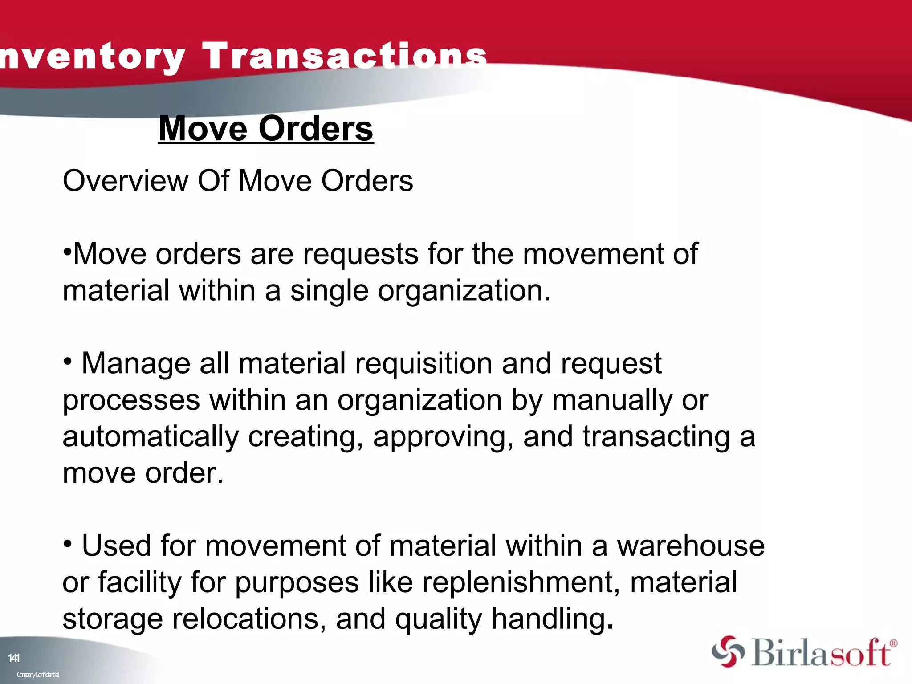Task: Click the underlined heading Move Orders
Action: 266,129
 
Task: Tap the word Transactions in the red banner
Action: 345,56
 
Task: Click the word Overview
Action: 126,181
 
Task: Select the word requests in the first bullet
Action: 361,254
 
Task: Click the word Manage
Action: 136,364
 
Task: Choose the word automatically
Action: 151,437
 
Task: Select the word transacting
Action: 656,437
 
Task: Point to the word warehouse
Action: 691,546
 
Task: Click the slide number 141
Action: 14,658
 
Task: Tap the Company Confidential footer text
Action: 38,675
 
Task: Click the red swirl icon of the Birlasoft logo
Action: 728,651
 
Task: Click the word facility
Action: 139,582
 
